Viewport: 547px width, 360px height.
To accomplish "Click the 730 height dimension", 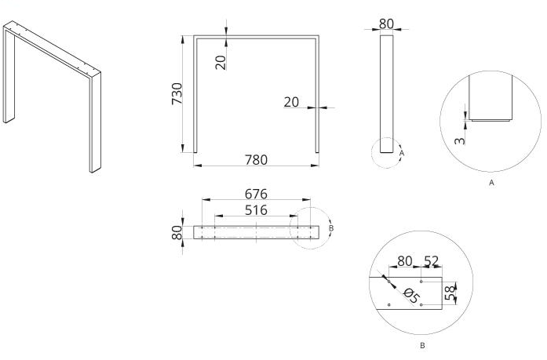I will pyautogui.click(x=177, y=93).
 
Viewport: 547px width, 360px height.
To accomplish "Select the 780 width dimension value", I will pyautogui.click(x=256, y=159).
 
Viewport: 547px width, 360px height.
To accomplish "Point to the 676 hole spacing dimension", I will pyautogui.click(x=256, y=193).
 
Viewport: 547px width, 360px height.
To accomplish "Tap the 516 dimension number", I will pyautogui.click(x=256, y=209).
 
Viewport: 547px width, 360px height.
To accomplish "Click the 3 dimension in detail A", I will pyautogui.click(x=460, y=138).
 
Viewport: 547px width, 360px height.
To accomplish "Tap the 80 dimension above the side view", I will pyautogui.click(x=386, y=24).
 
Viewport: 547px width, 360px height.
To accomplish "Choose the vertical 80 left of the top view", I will pyautogui.click(x=177, y=232).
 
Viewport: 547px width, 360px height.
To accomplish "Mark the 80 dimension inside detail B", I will pyautogui.click(x=405, y=260).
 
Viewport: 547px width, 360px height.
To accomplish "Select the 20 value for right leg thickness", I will pyautogui.click(x=292, y=102).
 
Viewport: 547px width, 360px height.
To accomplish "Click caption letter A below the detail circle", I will pyautogui.click(x=491, y=182).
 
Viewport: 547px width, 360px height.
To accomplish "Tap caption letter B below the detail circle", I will pyautogui.click(x=422, y=344).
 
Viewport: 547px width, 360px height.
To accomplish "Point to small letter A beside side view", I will pyautogui.click(x=402, y=153).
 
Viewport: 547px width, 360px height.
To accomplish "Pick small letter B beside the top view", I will pyautogui.click(x=332, y=228).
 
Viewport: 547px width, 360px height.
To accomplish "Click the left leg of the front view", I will pyautogui.click(x=195, y=94).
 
